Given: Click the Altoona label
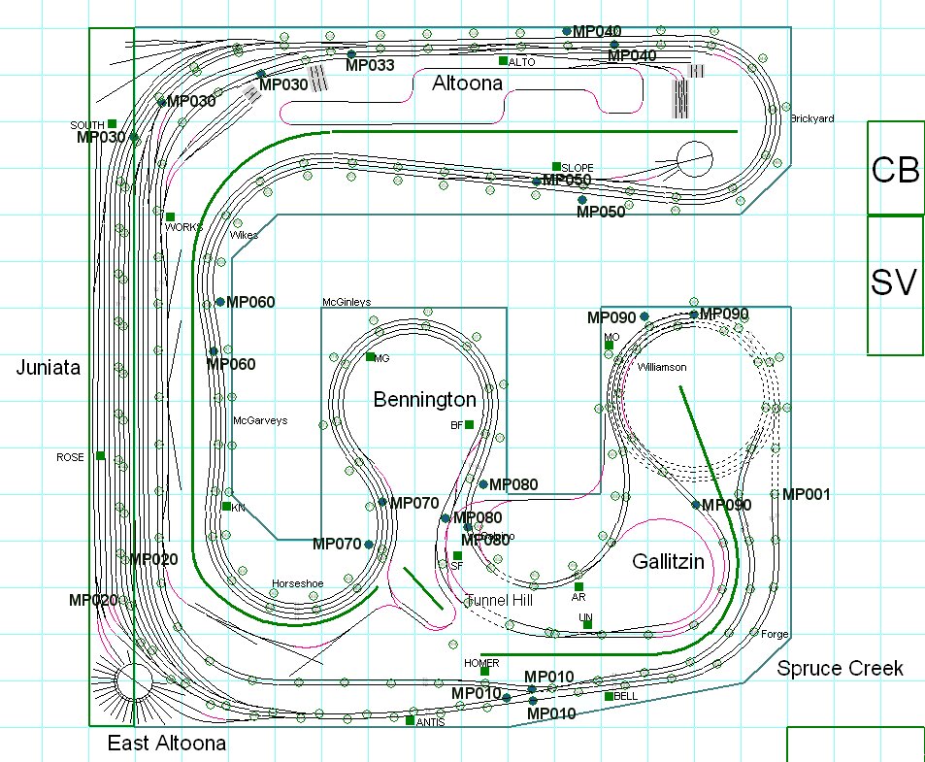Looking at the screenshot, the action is click(x=467, y=83).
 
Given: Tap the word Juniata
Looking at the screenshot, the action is click(x=47, y=367).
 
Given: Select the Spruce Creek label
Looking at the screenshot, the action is click(x=841, y=668).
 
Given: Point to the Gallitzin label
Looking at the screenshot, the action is click(x=668, y=562).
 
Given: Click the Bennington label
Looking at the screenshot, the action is click(x=425, y=400).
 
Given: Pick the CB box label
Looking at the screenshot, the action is click(x=894, y=170).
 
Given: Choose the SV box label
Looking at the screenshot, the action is click(x=894, y=282).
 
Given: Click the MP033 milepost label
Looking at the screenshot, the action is click(x=370, y=66).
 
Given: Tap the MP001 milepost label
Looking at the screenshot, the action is click(x=806, y=494).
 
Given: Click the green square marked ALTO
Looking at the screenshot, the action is click(x=503, y=61).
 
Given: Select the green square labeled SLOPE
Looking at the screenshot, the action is click(x=556, y=166).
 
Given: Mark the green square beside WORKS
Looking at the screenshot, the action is click(x=170, y=216).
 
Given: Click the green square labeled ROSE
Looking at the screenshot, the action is click(x=100, y=455).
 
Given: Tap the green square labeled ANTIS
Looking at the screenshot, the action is click(x=410, y=720).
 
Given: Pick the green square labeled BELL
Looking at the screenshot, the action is click(x=609, y=696).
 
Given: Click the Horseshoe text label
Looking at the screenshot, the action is click(x=296, y=583).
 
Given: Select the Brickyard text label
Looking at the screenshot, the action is click(x=811, y=118).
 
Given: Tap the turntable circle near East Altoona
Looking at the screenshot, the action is click(x=133, y=681).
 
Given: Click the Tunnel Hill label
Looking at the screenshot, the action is click(x=499, y=601).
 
